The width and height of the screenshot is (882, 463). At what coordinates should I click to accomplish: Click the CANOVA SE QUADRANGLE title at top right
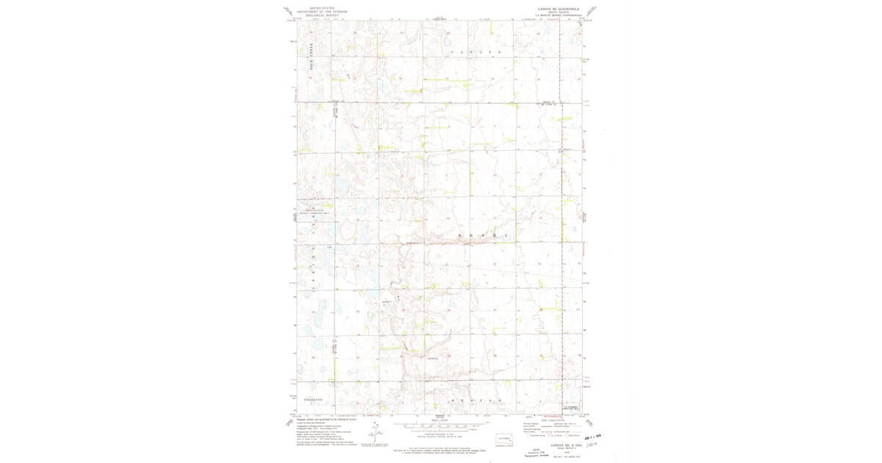pyautogui.click(x=559, y=9)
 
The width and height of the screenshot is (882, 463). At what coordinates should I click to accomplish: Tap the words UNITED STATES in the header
pyautogui.click(x=321, y=8)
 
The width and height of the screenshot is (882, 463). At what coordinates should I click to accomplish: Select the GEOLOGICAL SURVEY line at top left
pyautogui.click(x=321, y=15)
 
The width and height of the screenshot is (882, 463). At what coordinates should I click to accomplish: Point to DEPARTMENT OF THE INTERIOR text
pyautogui.click(x=321, y=12)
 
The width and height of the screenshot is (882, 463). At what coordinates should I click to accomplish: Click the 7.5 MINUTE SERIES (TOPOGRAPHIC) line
pyautogui.click(x=559, y=15)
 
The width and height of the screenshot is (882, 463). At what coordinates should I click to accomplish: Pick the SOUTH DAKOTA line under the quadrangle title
pyautogui.click(x=559, y=12)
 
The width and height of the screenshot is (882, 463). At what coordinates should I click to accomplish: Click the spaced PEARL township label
pyautogui.click(x=483, y=235)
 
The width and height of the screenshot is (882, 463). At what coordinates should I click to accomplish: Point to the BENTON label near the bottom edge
pyautogui.click(x=476, y=401)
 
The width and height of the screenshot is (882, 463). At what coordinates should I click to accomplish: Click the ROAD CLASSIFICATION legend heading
pyautogui.click(x=552, y=420)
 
